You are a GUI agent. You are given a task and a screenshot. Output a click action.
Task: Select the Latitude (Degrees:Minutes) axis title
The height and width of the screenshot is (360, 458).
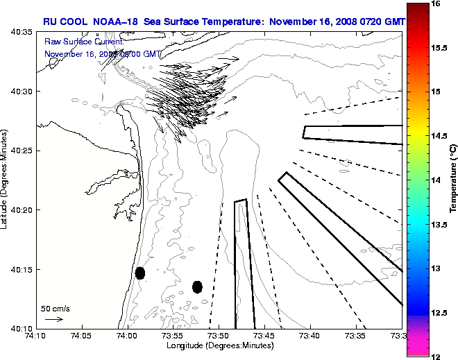(x=5, y=179)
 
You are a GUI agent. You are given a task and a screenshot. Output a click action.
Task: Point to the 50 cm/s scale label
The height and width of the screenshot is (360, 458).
(x=55, y=308)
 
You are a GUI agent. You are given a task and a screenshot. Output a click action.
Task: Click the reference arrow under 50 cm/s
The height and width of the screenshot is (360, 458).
(x=54, y=319)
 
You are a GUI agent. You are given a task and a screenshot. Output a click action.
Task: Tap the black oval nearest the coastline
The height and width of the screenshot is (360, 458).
(x=140, y=273)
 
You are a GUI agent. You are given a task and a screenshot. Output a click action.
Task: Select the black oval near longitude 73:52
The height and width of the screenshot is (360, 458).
(x=197, y=286)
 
